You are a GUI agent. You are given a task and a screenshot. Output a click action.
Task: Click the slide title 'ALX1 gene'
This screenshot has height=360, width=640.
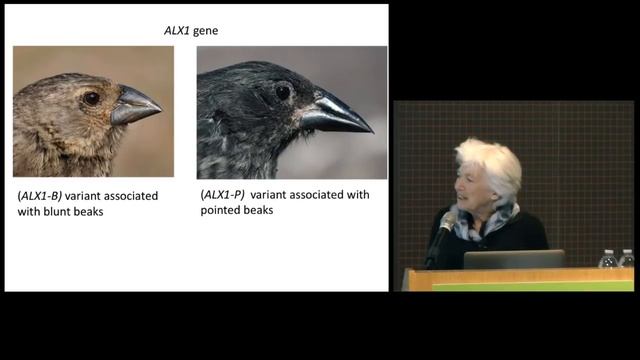[191, 31]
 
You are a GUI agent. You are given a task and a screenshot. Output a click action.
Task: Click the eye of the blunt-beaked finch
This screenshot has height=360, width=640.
[91, 98]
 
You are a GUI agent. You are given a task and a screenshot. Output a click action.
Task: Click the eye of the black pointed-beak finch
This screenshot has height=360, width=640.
[283, 91]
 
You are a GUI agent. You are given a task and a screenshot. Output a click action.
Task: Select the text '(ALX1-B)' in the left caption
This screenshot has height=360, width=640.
[37, 196]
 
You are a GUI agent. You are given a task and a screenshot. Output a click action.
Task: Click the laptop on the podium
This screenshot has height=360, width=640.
[513, 259]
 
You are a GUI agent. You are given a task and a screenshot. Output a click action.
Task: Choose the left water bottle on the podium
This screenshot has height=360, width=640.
[607, 259]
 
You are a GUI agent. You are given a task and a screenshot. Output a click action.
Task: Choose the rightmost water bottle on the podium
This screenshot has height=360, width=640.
[626, 258]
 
